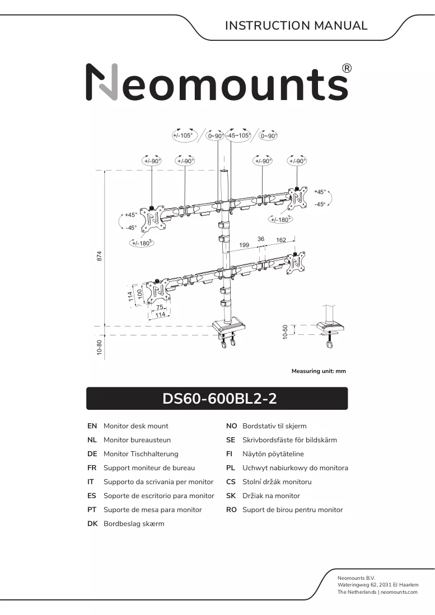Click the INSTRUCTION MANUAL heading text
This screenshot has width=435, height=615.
tap(296, 26)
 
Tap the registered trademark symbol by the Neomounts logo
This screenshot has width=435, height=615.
tap(347, 68)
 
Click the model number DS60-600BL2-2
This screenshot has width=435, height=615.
tap(219, 399)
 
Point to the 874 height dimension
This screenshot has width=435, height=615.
tap(99, 256)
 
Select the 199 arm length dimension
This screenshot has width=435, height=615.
tap(244, 245)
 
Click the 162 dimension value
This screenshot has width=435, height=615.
tap(281, 240)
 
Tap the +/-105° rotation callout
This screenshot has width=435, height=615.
tap(183, 136)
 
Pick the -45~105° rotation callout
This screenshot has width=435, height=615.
tap(238, 136)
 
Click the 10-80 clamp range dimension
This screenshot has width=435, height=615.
tap(99, 348)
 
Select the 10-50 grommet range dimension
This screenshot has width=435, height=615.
tap(285, 332)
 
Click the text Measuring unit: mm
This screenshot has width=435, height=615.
tap(319, 371)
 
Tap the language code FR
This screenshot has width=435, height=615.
tap(92, 468)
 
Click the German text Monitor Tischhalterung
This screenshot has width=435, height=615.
tap(141, 454)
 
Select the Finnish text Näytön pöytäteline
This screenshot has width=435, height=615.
tap(273, 454)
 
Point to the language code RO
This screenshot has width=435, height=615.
tap(231, 510)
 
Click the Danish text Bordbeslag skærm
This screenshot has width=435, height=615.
tap(134, 524)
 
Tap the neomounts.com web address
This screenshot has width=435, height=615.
tap(399, 592)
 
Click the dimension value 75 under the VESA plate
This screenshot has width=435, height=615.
tap(160, 307)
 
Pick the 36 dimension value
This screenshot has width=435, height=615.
tap(261, 239)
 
